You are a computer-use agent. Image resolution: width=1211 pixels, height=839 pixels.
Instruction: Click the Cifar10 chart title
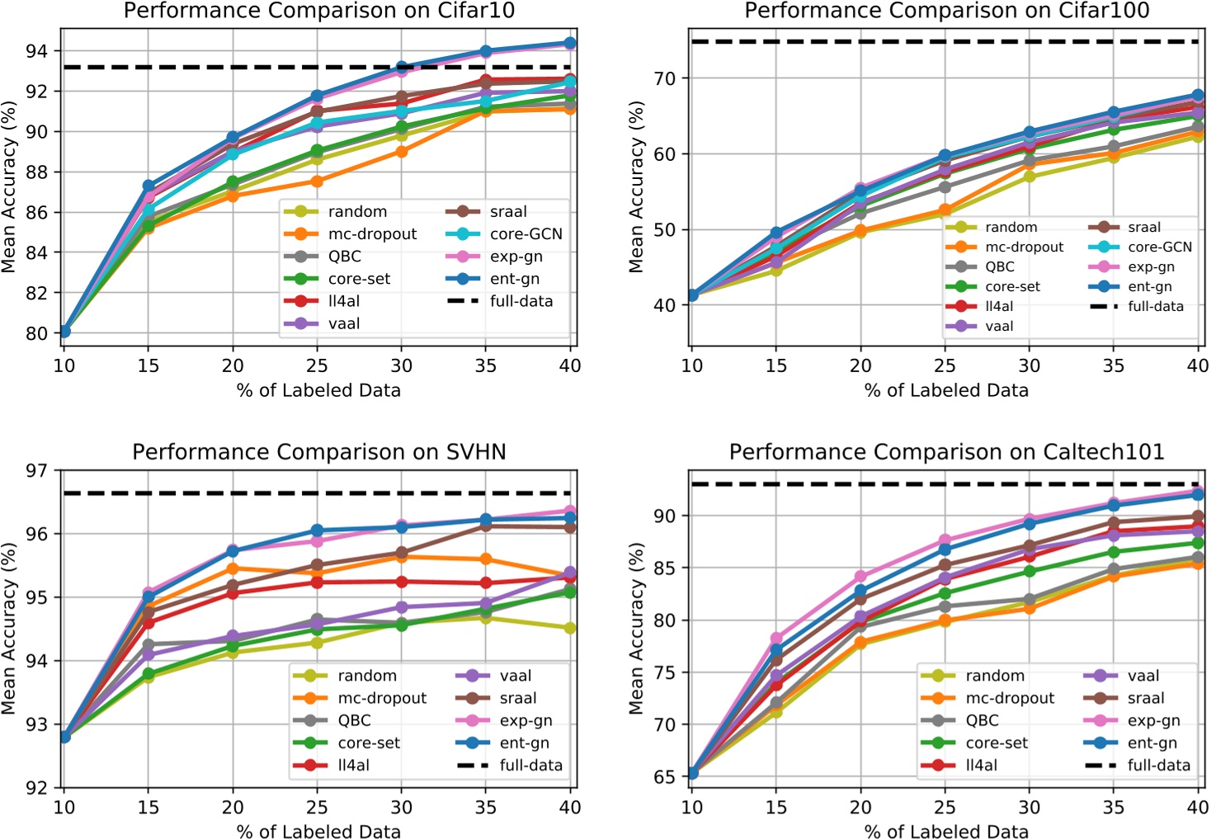(x=318, y=11)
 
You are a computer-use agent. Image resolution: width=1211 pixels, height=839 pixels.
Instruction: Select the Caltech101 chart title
(x=946, y=452)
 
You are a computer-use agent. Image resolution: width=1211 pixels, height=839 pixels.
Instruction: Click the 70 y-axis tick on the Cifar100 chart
(x=665, y=78)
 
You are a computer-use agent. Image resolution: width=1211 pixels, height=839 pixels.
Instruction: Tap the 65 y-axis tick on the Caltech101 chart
(x=665, y=776)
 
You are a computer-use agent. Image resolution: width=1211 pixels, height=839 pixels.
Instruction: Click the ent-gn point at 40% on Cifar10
(x=569, y=43)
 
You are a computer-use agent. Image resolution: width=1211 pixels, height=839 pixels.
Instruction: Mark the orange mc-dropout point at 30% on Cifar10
(x=401, y=151)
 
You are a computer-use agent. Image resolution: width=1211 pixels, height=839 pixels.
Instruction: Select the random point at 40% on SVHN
(x=569, y=628)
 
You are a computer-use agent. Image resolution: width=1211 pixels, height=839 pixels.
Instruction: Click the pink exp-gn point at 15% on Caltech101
(x=776, y=639)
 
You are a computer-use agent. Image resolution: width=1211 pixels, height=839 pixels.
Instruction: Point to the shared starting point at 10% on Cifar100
(x=692, y=295)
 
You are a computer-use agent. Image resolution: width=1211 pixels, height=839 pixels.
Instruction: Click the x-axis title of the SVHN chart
(x=318, y=831)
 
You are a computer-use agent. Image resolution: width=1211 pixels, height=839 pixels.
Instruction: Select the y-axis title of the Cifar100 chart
(x=636, y=187)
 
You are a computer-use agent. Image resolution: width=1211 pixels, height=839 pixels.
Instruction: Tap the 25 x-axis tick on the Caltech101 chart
(x=945, y=807)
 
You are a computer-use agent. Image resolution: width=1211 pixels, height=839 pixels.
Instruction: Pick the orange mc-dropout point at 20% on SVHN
(x=233, y=568)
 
